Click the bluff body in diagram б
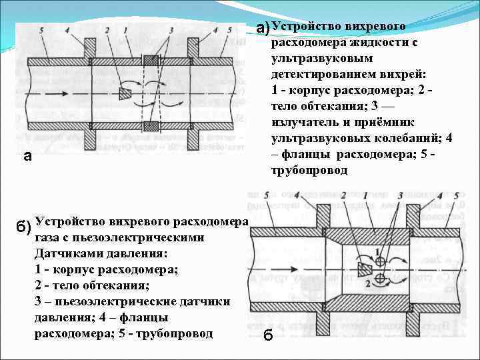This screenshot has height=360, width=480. tap(364, 269)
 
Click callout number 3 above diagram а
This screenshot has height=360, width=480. tap(172, 31)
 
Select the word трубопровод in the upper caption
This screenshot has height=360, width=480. tap(309, 171)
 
